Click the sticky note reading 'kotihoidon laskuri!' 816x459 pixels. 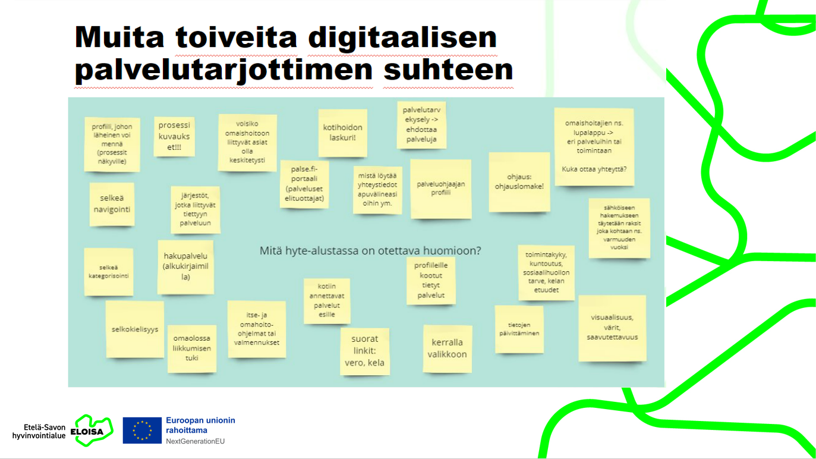tap(342, 133)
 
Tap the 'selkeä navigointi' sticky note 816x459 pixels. tap(112, 204)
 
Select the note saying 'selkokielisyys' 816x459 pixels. tap(135, 329)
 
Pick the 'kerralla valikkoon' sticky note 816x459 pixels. tap(448, 349)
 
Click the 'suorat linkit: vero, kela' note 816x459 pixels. tap(365, 351)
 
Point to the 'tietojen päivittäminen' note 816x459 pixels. tap(519, 329)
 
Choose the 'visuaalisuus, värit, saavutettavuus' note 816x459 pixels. tap(612, 328)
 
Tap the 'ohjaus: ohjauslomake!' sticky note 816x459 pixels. tap(519, 182)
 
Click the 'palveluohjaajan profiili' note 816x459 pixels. tap(441, 189)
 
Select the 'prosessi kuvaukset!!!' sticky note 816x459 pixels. tap(174, 136)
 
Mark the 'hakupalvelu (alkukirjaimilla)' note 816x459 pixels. tap(185, 267)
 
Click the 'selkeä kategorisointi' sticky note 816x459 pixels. tap(109, 272)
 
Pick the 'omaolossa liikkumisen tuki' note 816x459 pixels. tap(192, 348)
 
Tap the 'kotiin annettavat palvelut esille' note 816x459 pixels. tap(327, 301)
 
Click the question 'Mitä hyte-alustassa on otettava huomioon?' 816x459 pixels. tap(370, 251)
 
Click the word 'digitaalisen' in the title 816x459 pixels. tap(402, 38)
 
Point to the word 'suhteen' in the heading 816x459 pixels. tap(449, 70)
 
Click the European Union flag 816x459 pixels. tap(142, 430)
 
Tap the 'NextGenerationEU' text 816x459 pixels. tap(196, 441)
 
